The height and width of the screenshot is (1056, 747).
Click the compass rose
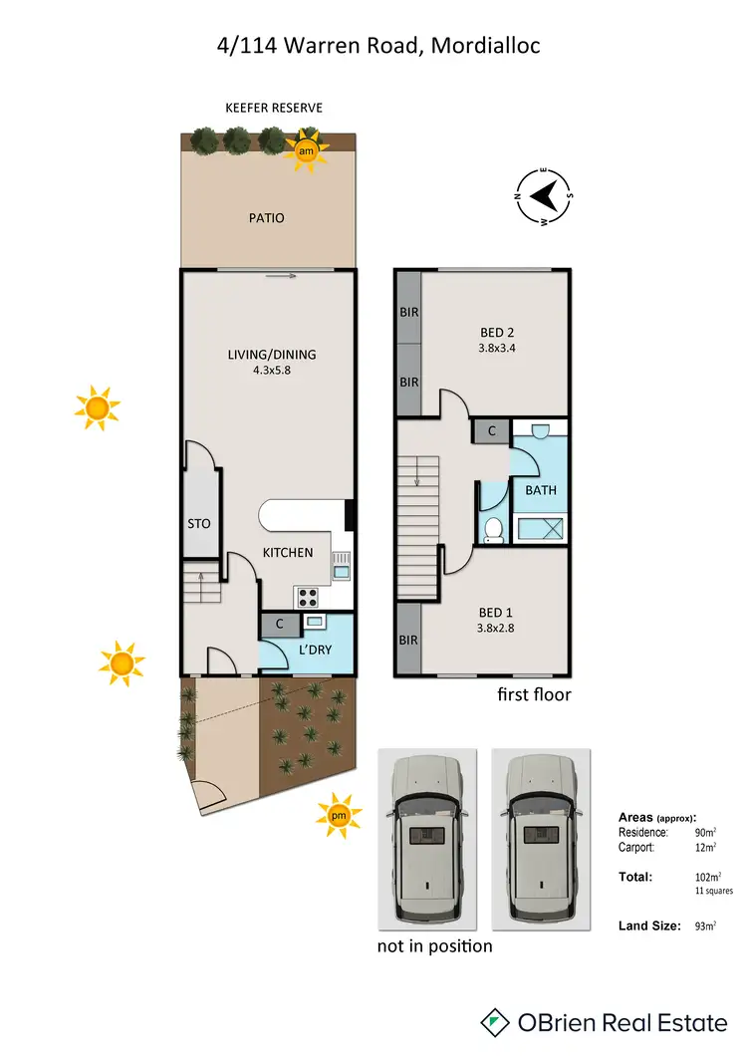tap(543, 195)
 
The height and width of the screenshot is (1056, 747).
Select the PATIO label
tap(266, 218)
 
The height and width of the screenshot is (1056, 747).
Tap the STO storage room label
tap(199, 523)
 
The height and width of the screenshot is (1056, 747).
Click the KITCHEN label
tap(288, 553)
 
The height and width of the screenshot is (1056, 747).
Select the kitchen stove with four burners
tap(307, 598)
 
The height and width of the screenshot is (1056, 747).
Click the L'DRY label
tap(315, 651)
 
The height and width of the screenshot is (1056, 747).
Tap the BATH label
tap(541, 490)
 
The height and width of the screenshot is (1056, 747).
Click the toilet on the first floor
tap(493, 530)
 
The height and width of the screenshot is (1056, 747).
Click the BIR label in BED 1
tap(408, 641)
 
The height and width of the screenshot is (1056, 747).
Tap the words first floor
tap(534, 694)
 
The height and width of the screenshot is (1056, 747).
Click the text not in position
tap(434, 945)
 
